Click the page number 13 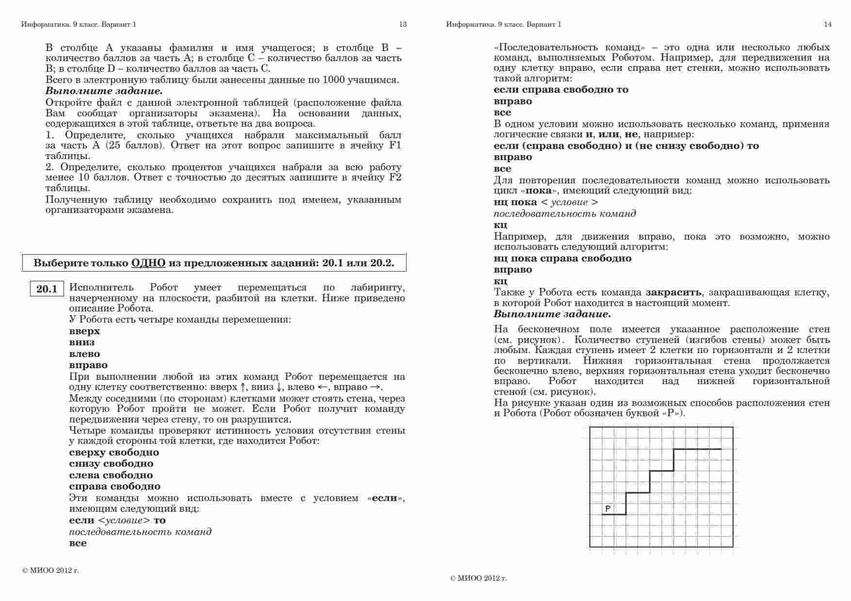coord(403,24)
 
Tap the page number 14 coord(828,24)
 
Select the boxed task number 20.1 coord(47,289)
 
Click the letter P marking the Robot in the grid coord(607,508)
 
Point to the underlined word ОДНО coord(148,263)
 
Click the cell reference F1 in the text coord(395,146)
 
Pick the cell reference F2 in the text coord(395,178)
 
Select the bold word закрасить coord(673,292)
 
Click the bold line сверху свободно coord(114,453)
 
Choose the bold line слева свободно coord(111,475)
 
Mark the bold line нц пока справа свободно coord(562,259)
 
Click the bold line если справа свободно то coord(561,90)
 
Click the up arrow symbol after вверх coord(243,388)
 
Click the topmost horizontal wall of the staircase coord(697,449)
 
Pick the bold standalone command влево coord(84,354)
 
